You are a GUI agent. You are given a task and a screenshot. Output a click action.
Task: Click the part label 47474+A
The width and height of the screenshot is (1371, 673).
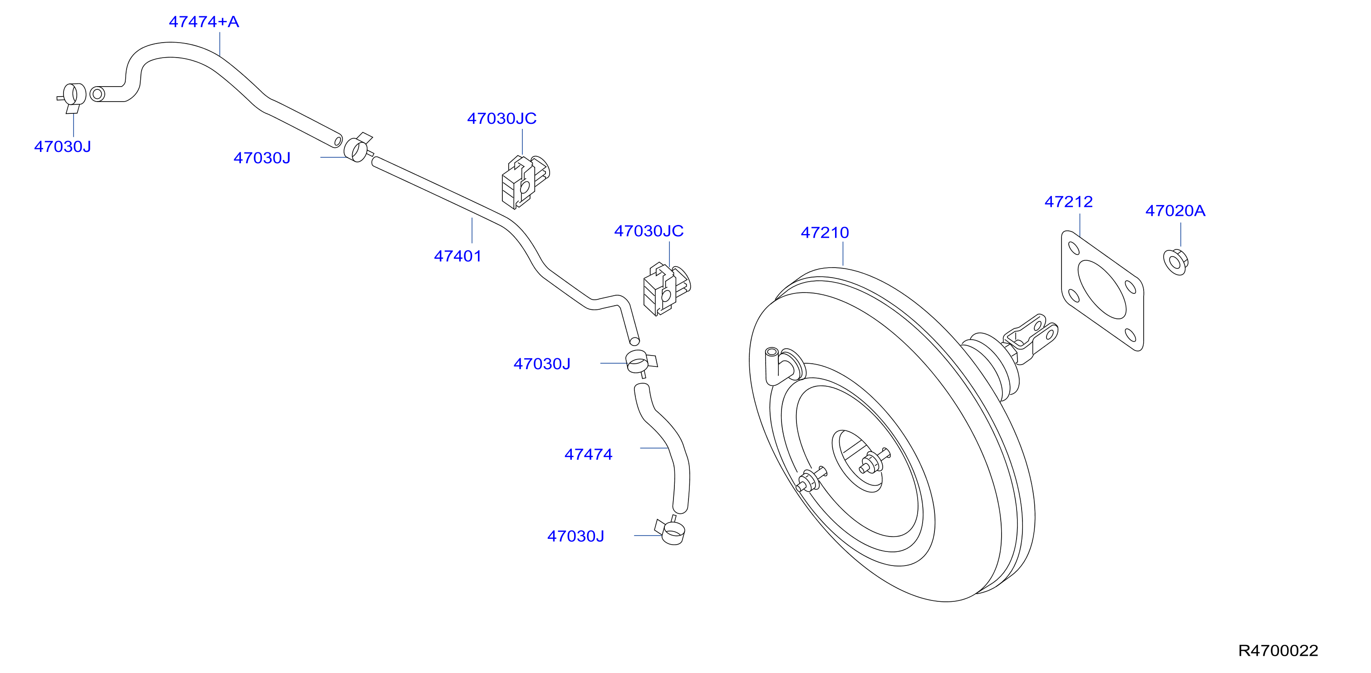click(204, 22)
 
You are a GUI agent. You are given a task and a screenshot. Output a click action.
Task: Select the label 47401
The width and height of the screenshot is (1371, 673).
click(458, 256)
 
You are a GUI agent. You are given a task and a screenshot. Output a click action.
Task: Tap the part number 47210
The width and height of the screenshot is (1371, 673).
click(825, 233)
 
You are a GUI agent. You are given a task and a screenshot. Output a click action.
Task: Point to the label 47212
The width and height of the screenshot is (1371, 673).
click(1069, 202)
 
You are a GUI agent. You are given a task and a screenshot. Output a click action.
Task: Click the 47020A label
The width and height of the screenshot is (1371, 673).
click(1175, 211)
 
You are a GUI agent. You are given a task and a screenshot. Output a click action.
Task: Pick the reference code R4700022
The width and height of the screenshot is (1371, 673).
click(1278, 651)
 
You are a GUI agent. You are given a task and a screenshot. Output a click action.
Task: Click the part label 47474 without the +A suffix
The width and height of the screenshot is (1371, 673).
click(589, 454)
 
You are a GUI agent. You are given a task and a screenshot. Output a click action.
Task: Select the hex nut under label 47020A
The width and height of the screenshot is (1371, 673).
click(1176, 262)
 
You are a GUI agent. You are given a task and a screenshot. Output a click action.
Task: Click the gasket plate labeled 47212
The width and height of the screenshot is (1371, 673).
click(1102, 291)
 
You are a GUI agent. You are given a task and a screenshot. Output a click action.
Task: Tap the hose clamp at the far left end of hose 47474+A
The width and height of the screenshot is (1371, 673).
click(72, 98)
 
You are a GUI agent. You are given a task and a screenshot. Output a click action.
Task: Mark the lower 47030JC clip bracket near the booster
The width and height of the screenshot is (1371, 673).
click(666, 289)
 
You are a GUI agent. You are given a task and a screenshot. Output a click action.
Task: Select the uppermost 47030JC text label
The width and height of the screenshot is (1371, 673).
click(502, 119)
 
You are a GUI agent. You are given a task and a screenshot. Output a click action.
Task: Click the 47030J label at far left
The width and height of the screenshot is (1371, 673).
click(63, 147)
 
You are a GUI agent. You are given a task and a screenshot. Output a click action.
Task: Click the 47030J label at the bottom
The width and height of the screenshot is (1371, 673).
click(576, 536)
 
